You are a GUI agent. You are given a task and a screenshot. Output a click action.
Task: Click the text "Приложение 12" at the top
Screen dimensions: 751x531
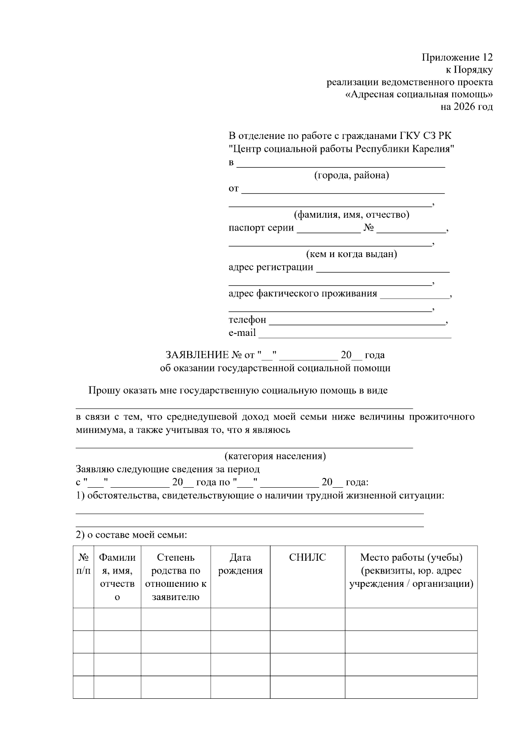[x=457, y=58]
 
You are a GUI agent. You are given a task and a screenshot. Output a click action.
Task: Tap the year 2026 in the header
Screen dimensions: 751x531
[x=463, y=107]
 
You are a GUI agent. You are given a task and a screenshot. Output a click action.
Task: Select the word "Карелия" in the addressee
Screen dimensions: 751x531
[x=434, y=149]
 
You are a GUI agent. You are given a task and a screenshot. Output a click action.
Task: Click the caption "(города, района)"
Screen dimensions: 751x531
[x=351, y=175]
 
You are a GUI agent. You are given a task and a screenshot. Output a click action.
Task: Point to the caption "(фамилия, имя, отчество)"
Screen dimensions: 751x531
[x=351, y=215]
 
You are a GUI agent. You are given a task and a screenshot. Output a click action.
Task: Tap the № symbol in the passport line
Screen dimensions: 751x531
[x=369, y=228]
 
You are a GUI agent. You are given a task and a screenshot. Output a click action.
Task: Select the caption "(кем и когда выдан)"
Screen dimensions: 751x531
[x=351, y=254]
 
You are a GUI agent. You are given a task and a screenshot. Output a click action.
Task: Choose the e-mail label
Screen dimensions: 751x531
[x=242, y=332]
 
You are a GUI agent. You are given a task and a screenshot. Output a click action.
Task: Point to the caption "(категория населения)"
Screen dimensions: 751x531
[x=275, y=456]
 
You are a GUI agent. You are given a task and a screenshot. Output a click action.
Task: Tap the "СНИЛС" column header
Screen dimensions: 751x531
[x=307, y=558]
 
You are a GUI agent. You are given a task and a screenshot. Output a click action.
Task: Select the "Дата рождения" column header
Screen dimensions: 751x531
[x=240, y=564]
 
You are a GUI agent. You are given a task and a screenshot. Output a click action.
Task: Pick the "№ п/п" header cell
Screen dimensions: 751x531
[x=84, y=564]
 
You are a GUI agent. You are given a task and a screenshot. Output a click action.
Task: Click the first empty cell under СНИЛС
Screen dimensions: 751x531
[x=307, y=619]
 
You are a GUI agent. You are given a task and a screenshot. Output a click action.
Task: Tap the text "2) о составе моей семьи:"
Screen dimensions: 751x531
[x=131, y=535]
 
